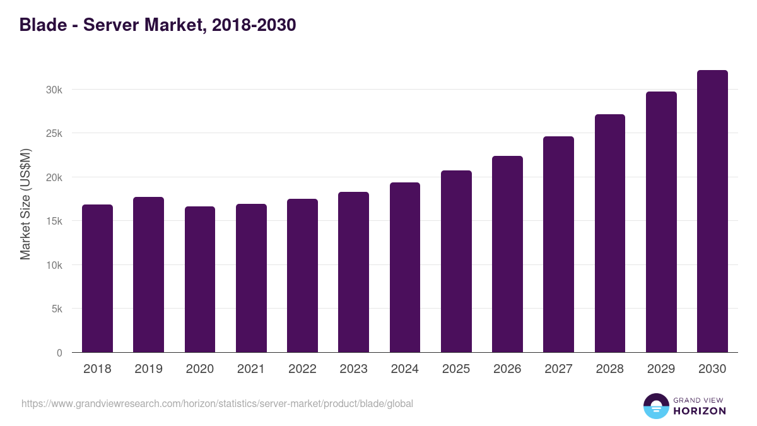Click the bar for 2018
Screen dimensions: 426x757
[x=97, y=278]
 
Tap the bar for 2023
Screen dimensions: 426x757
[x=353, y=272]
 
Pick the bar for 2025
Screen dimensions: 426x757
[x=456, y=261]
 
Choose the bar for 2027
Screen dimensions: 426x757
[x=558, y=244]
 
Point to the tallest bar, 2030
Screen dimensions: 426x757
[x=712, y=211]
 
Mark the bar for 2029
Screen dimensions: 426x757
[x=661, y=222]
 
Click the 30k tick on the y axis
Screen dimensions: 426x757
[x=54, y=90]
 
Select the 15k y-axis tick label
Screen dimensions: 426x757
[x=54, y=222]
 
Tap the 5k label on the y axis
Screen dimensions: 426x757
[x=57, y=309]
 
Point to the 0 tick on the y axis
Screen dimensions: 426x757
[x=59, y=353]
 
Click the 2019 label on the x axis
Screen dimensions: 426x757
[x=148, y=369]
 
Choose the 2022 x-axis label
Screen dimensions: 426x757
[x=302, y=369]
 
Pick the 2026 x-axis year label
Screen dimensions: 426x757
[x=507, y=369]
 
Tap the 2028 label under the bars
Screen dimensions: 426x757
[x=610, y=369]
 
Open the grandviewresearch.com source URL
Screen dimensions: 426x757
[x=217, y=403]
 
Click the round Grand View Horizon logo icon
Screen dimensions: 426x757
[x=655, y=406]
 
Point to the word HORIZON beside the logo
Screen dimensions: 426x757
[x=700, y=411]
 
